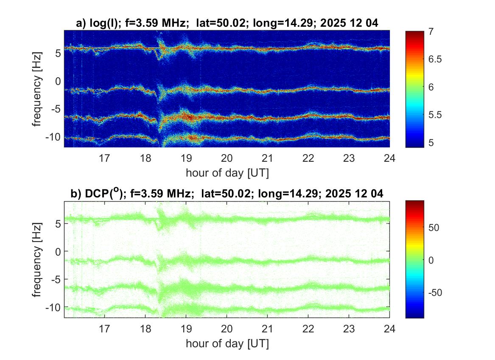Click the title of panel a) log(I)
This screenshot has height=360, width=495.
tap(227, 24)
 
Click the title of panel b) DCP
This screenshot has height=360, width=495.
tap(227, 194)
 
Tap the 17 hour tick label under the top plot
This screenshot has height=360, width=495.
tap(104, 158)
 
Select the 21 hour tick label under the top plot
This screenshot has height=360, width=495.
tap(267, 158)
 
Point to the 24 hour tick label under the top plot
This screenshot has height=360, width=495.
tap(389, 158)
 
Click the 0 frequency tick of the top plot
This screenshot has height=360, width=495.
tap(59, 81)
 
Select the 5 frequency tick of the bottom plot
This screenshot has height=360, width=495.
tap(59, 223)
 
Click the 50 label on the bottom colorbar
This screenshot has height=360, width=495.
tap(433, 228)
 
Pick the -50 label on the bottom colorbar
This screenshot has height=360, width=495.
tap(435, 293)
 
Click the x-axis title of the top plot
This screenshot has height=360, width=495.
tap(227, 173)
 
